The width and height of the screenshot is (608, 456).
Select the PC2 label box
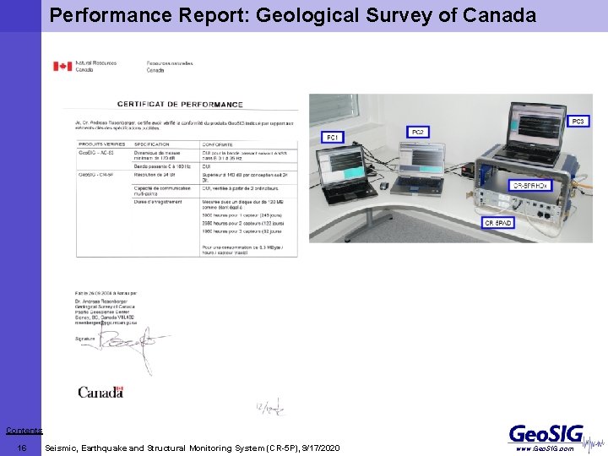tap(417, 133)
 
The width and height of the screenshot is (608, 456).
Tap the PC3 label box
tap(578, 122)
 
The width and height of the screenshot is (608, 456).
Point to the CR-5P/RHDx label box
tap(531, 184)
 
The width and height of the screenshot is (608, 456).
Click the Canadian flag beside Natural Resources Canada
tap(62, 66)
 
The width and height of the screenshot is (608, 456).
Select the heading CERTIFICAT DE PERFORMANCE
tap(180, 105)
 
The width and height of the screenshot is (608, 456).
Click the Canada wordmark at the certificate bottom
tap(100, 392)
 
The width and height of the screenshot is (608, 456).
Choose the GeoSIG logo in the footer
tap(546, 433)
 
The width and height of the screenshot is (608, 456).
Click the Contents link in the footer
tap(24, 431)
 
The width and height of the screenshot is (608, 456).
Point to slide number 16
tap(23, 448)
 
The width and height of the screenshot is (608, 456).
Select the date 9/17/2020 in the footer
tap(315, 448)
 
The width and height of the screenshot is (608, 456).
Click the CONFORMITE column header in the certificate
tap(218, 144)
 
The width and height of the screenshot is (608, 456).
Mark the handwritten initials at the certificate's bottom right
tap(270, 408)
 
